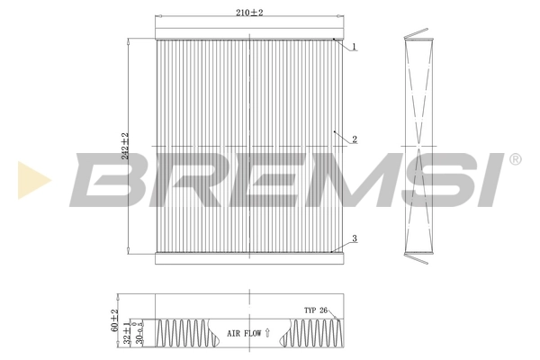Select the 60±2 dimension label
(x=114, y=321)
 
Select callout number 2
(x=355, y=139)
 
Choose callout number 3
(x=355, y=238)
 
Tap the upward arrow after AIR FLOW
(x=268, y=334)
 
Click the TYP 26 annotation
(x=316, y=310)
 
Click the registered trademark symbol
(x=514, y=159)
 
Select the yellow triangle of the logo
(x=33, y=179)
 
